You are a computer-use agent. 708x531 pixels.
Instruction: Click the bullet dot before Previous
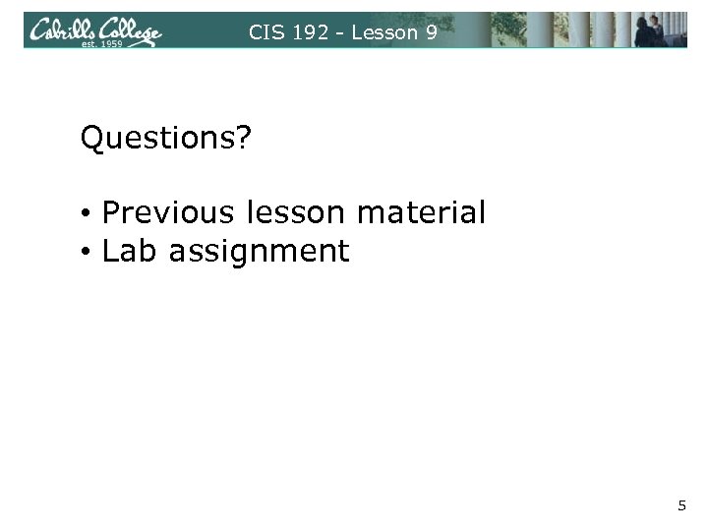click(x=88, y=213)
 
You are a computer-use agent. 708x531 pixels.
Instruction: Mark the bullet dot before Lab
click(x=88, y=254)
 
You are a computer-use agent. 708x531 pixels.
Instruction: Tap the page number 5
click(x=681, y=505)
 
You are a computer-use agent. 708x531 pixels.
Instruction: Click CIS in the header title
click(x=265, y=31)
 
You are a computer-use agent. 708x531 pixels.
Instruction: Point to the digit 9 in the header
click(x=431, y=31)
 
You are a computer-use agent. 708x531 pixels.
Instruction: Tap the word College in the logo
click(x=128, y=31)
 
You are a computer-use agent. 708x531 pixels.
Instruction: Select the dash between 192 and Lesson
click(x=338, y=32)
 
